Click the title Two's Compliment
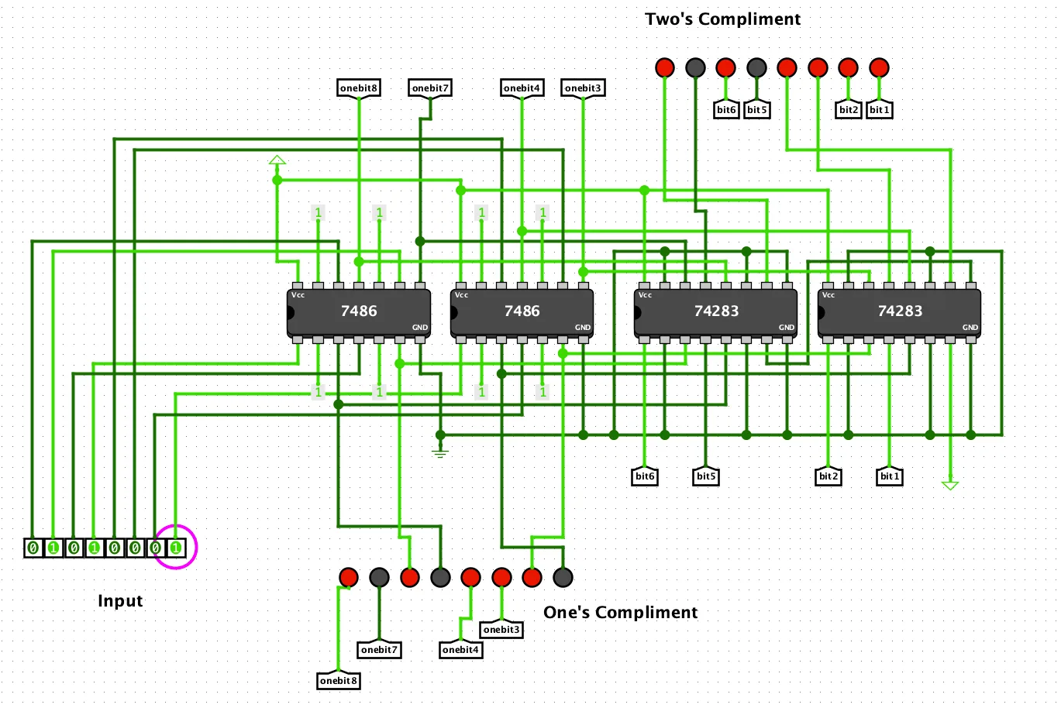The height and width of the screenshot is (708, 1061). point(722,19)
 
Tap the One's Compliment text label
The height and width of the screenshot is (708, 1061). point(620,613)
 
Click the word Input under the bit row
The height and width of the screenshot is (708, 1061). point(120,601)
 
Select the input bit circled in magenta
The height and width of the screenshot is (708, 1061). point(176,548)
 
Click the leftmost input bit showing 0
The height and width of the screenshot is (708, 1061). point(33,548)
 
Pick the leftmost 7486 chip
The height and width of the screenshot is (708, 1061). point(359,311)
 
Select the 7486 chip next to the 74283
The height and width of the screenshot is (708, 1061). point(522,311)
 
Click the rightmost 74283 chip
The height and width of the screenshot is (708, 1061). point(899,311)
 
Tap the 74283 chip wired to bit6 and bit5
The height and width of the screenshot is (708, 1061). point(715,311)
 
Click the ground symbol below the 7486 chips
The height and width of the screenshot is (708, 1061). point(440,452)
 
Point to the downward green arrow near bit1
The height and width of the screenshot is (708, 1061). point(950,486)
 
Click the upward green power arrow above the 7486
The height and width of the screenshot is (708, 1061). point(277,160)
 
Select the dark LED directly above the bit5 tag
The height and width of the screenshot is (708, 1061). point(756,68)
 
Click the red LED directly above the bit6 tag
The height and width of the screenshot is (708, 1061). point(725,68)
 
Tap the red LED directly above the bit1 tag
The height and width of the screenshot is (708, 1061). point(879,68)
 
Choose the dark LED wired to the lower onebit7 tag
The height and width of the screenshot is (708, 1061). point(379,577)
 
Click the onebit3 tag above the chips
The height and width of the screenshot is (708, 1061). point(582,88)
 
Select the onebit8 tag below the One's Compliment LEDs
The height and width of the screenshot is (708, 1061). point(339,681)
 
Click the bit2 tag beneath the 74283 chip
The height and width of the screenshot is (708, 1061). point(828,476)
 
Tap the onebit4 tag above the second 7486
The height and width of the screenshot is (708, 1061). point(522,88)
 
